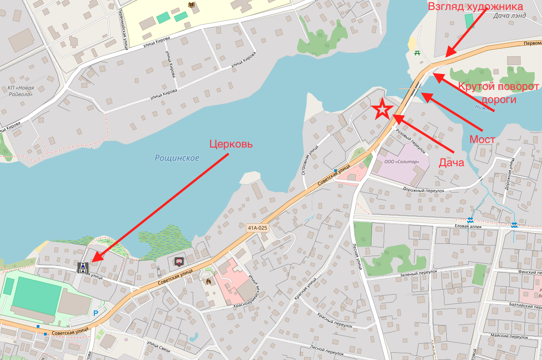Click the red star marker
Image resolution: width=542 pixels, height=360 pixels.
tap(382, 109)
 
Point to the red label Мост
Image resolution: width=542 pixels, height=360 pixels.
tap(482, 139)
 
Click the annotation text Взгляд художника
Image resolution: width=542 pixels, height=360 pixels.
tap(476, 6)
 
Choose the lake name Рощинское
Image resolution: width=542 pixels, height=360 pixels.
tap(177, 158)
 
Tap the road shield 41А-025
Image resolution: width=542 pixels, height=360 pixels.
tap(257, 227)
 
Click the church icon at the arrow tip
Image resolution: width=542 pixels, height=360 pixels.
tap(83, 267)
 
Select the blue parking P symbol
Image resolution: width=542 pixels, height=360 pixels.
tap(95, 313)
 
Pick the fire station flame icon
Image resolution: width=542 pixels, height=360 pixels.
tap(208, 281)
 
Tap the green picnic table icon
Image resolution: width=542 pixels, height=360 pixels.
tap(416, 53)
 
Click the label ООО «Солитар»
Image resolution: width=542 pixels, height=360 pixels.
tap(401, 162)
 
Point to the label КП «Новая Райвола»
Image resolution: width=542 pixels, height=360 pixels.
tap(20, 91)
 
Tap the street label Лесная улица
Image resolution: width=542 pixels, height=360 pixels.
tap(356, 256)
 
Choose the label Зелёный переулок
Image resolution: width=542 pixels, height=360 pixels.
tap(418, 271)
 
